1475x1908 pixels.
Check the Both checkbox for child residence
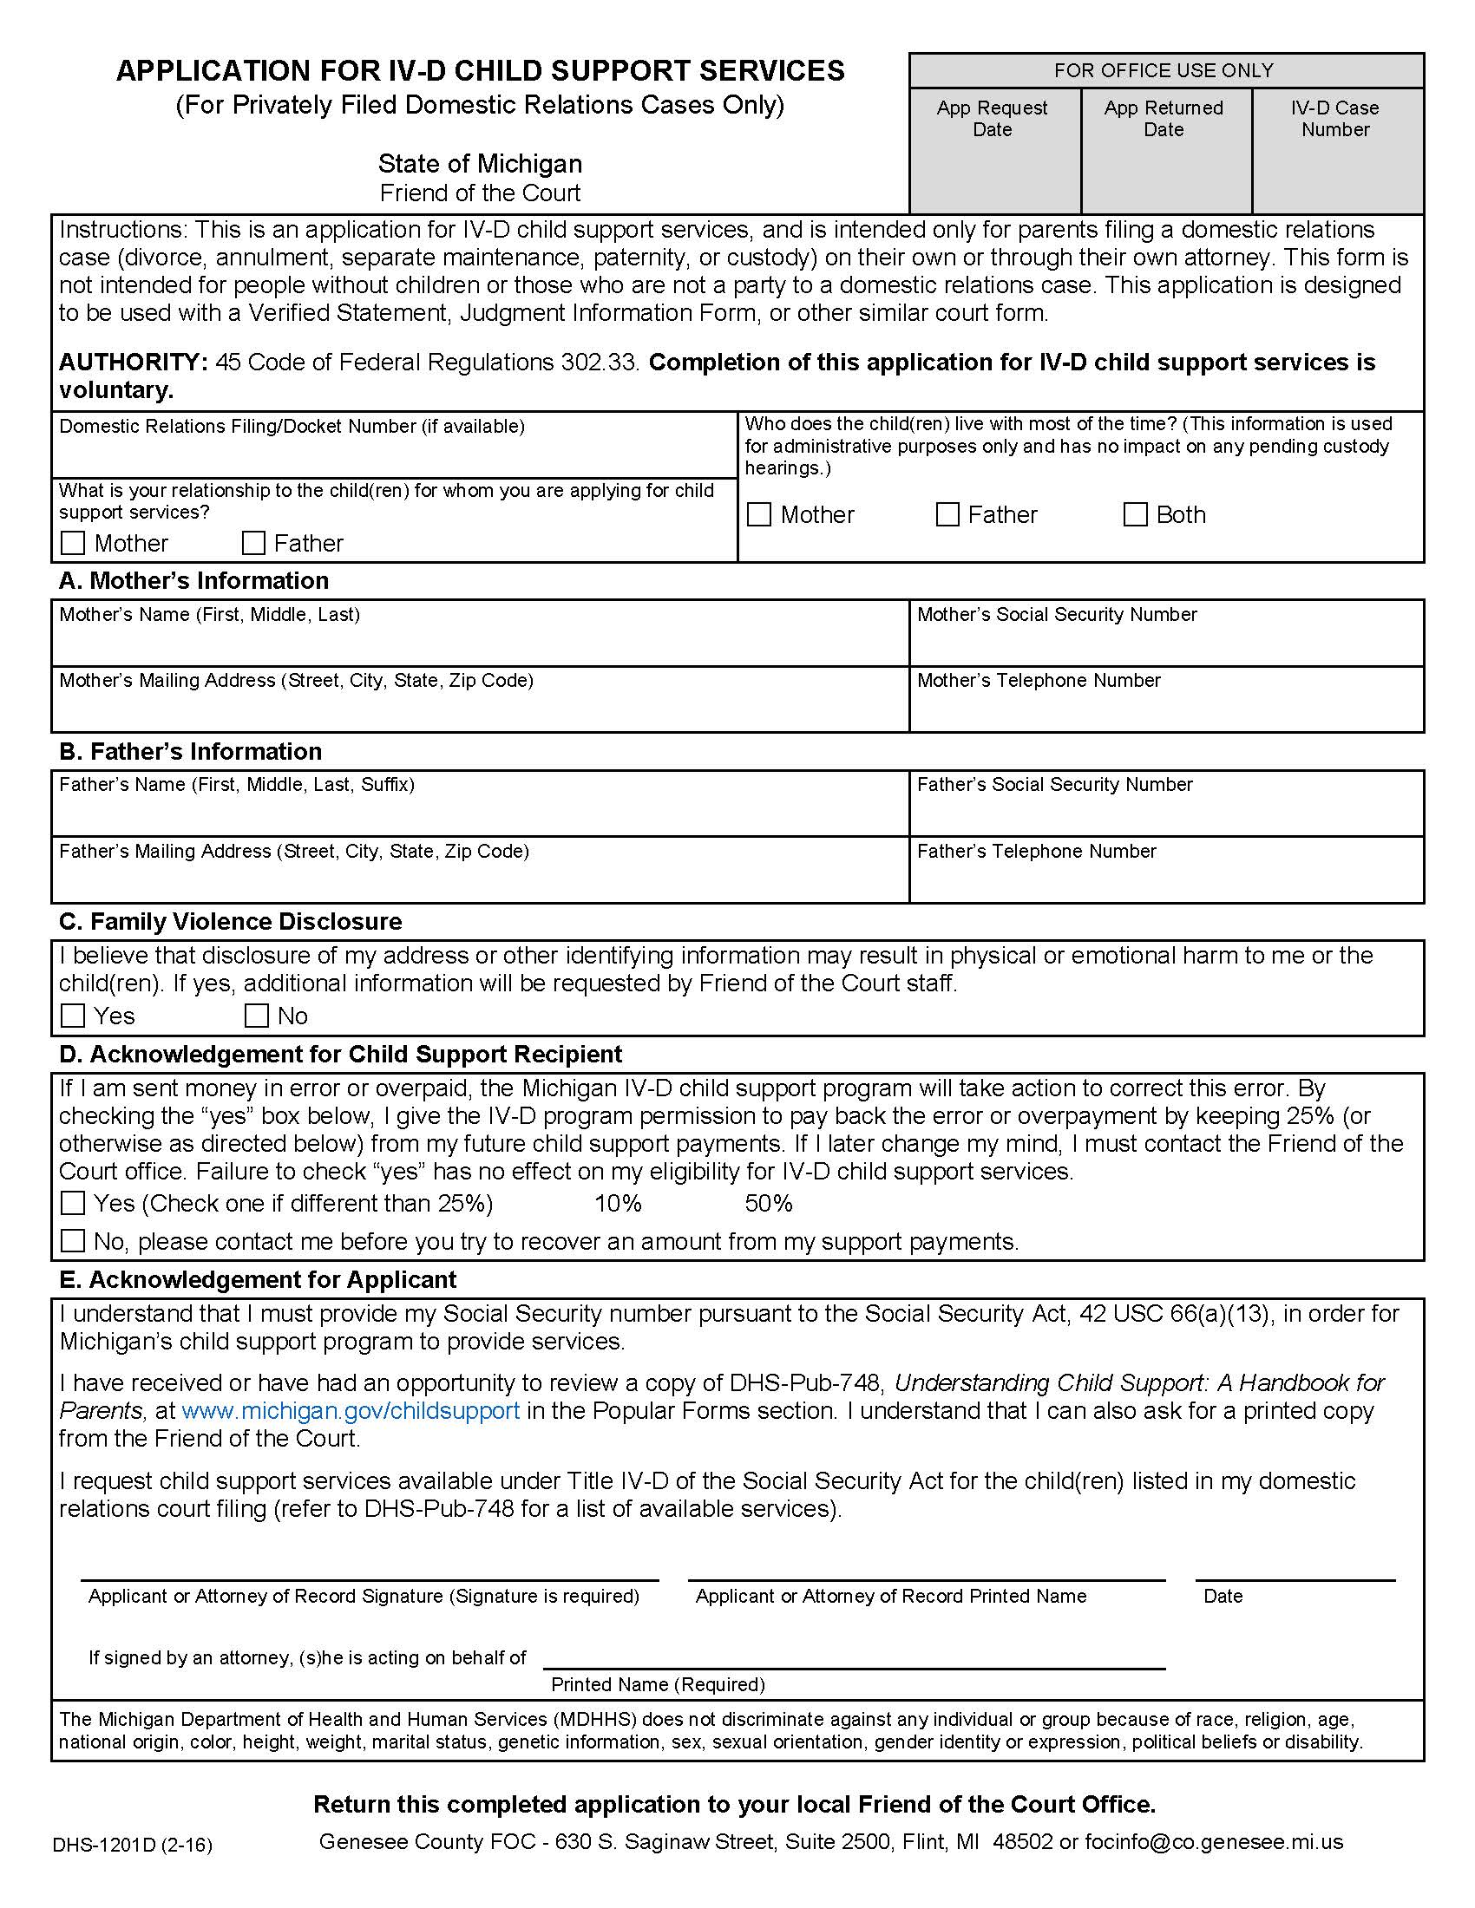click(1134, 514)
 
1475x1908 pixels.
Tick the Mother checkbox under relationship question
click(73, 544)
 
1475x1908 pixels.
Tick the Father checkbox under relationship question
click(253, 544)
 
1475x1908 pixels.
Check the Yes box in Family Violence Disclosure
click(73, 1016)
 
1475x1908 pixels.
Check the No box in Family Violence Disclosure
click(256, 1016)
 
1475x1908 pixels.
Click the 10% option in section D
click(618, 1204)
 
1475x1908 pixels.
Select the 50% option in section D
click(768, 1204)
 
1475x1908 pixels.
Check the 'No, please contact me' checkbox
click(73, 1240)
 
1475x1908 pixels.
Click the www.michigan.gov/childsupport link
click(351, 1411)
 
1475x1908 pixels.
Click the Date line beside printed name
click(1295, 1569)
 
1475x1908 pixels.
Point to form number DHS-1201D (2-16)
click(132, 1845)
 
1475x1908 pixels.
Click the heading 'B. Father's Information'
click(191, 751)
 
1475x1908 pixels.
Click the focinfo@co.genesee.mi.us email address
click(1213, 1841)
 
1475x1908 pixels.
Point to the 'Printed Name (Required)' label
click(657, 1684)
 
